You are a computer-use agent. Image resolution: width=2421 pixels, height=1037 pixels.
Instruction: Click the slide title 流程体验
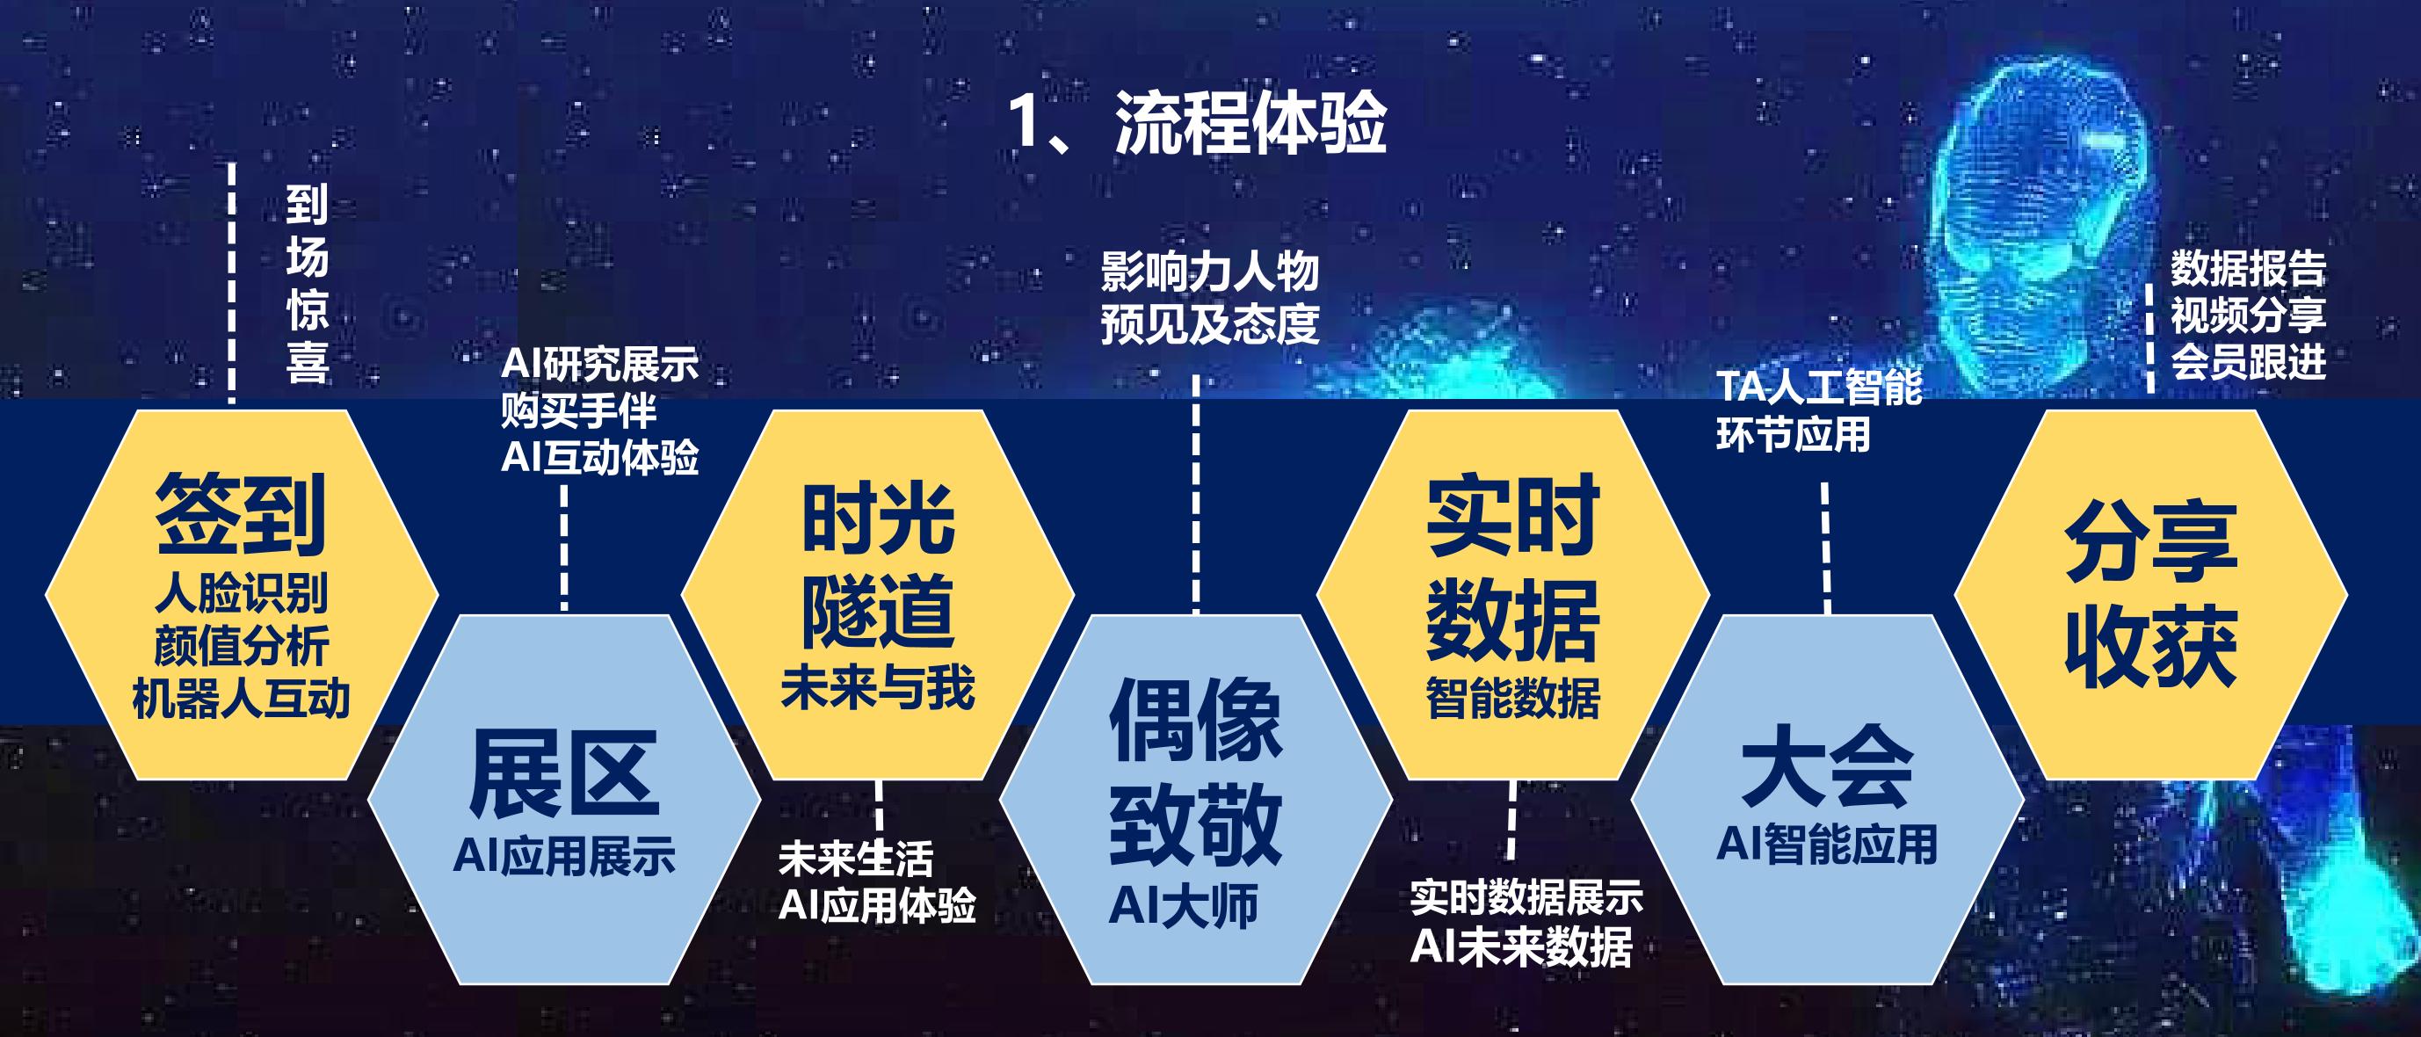(x=1250, y=123)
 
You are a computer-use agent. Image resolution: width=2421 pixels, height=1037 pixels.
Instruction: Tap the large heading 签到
(x=241, y=514)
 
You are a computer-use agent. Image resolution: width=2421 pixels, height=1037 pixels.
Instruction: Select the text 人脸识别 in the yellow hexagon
(x=242, y=593)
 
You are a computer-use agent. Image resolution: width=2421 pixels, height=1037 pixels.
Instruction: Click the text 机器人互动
(x=242, y=699)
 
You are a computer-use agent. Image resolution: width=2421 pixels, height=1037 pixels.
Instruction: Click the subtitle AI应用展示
(x=564, y=857)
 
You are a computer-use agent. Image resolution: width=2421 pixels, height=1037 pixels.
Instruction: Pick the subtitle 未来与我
(x=878, y=687)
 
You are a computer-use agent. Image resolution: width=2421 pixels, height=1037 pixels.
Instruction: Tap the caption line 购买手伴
(x=579, y=411)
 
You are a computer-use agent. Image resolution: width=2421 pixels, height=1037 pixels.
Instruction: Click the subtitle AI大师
(x=1183, y=906)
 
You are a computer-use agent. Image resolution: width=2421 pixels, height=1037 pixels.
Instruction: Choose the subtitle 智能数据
(x=1513, y=699)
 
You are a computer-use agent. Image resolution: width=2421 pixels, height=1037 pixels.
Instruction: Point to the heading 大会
(x=1828, y=766)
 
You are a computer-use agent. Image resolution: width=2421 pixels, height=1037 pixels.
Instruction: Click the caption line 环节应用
(x=1794, y=434)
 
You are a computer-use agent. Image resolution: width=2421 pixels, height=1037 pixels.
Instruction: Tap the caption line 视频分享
(x=2248, y=315)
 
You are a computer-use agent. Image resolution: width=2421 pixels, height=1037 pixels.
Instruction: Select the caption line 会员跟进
(x=2248, y=361)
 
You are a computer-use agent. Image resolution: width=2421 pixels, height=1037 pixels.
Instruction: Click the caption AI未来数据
(x=1522, y=946)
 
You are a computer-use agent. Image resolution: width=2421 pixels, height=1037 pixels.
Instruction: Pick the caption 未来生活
(x=856, y=859)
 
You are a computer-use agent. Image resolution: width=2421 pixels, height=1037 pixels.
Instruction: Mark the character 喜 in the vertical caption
(x=308, y=363)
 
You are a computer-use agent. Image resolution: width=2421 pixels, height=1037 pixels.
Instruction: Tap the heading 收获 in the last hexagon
(x=2151, y=646)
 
